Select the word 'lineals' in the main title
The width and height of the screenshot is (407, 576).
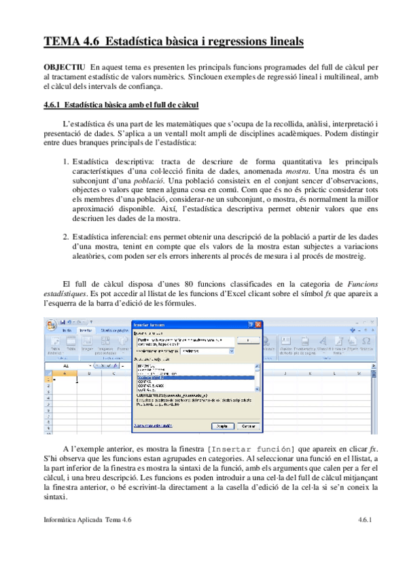tap(281, 42)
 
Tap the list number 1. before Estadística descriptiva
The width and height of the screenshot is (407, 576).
tap(66, 162)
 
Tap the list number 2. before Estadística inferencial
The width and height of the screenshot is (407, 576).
tap(66, 236)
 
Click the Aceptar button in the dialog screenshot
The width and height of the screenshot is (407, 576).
tap(221, 426)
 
